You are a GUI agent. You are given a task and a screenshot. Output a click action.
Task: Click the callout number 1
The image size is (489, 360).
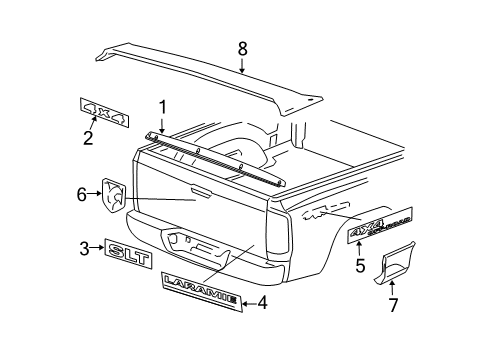point(160,105)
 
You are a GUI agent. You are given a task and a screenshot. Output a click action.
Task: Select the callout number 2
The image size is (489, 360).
point(88,138)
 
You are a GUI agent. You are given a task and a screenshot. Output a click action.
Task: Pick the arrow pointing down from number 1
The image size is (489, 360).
point(160,124)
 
